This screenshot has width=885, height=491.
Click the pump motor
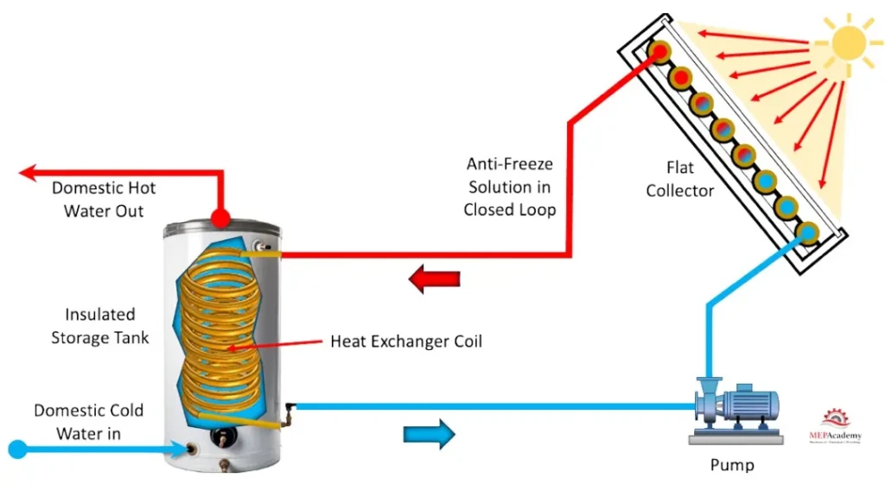pos(750,405)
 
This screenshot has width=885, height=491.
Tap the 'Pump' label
pos(731,465)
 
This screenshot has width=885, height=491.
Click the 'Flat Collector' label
pos(680,178)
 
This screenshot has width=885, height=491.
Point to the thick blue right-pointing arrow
pos(429,433)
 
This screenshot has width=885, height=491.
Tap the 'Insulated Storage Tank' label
pos(99,326)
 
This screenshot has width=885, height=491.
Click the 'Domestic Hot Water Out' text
pos(104,199)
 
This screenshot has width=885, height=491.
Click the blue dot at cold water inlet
pos(17,449)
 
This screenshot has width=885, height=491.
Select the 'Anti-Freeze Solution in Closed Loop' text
pos(509,186)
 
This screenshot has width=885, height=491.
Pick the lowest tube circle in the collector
pos(808,232)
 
